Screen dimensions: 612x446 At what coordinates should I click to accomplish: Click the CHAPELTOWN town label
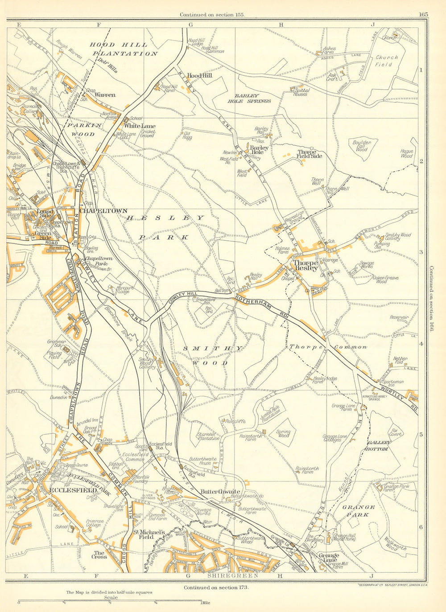103,211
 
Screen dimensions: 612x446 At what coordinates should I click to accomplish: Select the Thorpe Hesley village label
305,266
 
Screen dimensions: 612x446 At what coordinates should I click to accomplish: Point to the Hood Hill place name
199,76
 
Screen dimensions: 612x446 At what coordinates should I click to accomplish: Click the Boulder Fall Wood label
362,146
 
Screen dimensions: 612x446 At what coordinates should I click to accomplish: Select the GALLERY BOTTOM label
379,446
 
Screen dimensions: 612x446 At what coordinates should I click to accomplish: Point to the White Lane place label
140,126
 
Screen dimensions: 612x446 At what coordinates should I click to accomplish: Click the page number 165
423,14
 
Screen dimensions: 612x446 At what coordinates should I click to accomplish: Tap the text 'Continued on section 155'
212,14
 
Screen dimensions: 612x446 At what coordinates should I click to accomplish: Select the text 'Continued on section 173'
216,587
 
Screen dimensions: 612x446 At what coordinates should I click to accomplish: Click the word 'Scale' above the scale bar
111,598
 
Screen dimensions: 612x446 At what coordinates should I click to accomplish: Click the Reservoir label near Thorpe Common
398,318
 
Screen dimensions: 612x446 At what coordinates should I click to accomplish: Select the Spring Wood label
283,433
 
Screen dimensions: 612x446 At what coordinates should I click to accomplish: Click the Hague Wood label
406,154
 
